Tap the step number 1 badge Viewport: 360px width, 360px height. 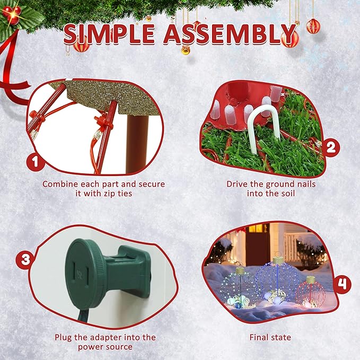[x=35, y=162]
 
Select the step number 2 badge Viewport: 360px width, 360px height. [x=331, y=147]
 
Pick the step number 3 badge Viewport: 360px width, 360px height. [x=25, y=259]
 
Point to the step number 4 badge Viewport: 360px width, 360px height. [x=342, y=285]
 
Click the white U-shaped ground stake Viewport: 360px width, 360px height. [x=264, y=128]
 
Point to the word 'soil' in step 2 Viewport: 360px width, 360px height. [x=286, y=194]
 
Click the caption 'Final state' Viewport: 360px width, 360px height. [x=270, y=337]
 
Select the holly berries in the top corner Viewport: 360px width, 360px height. [x=12, y=14]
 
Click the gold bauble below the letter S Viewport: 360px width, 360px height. [x=186, y=50]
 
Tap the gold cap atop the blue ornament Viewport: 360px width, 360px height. [x=278, y=260]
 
